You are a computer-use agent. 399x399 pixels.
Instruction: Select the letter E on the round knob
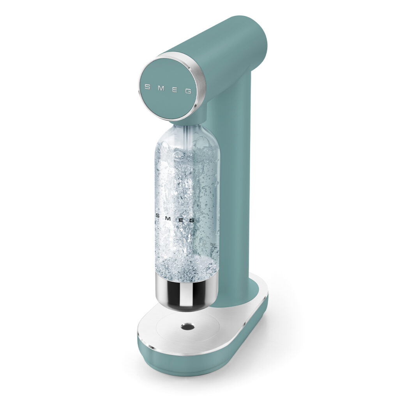coord(174,90)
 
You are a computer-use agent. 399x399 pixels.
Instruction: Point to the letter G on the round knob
coord(188,92)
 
